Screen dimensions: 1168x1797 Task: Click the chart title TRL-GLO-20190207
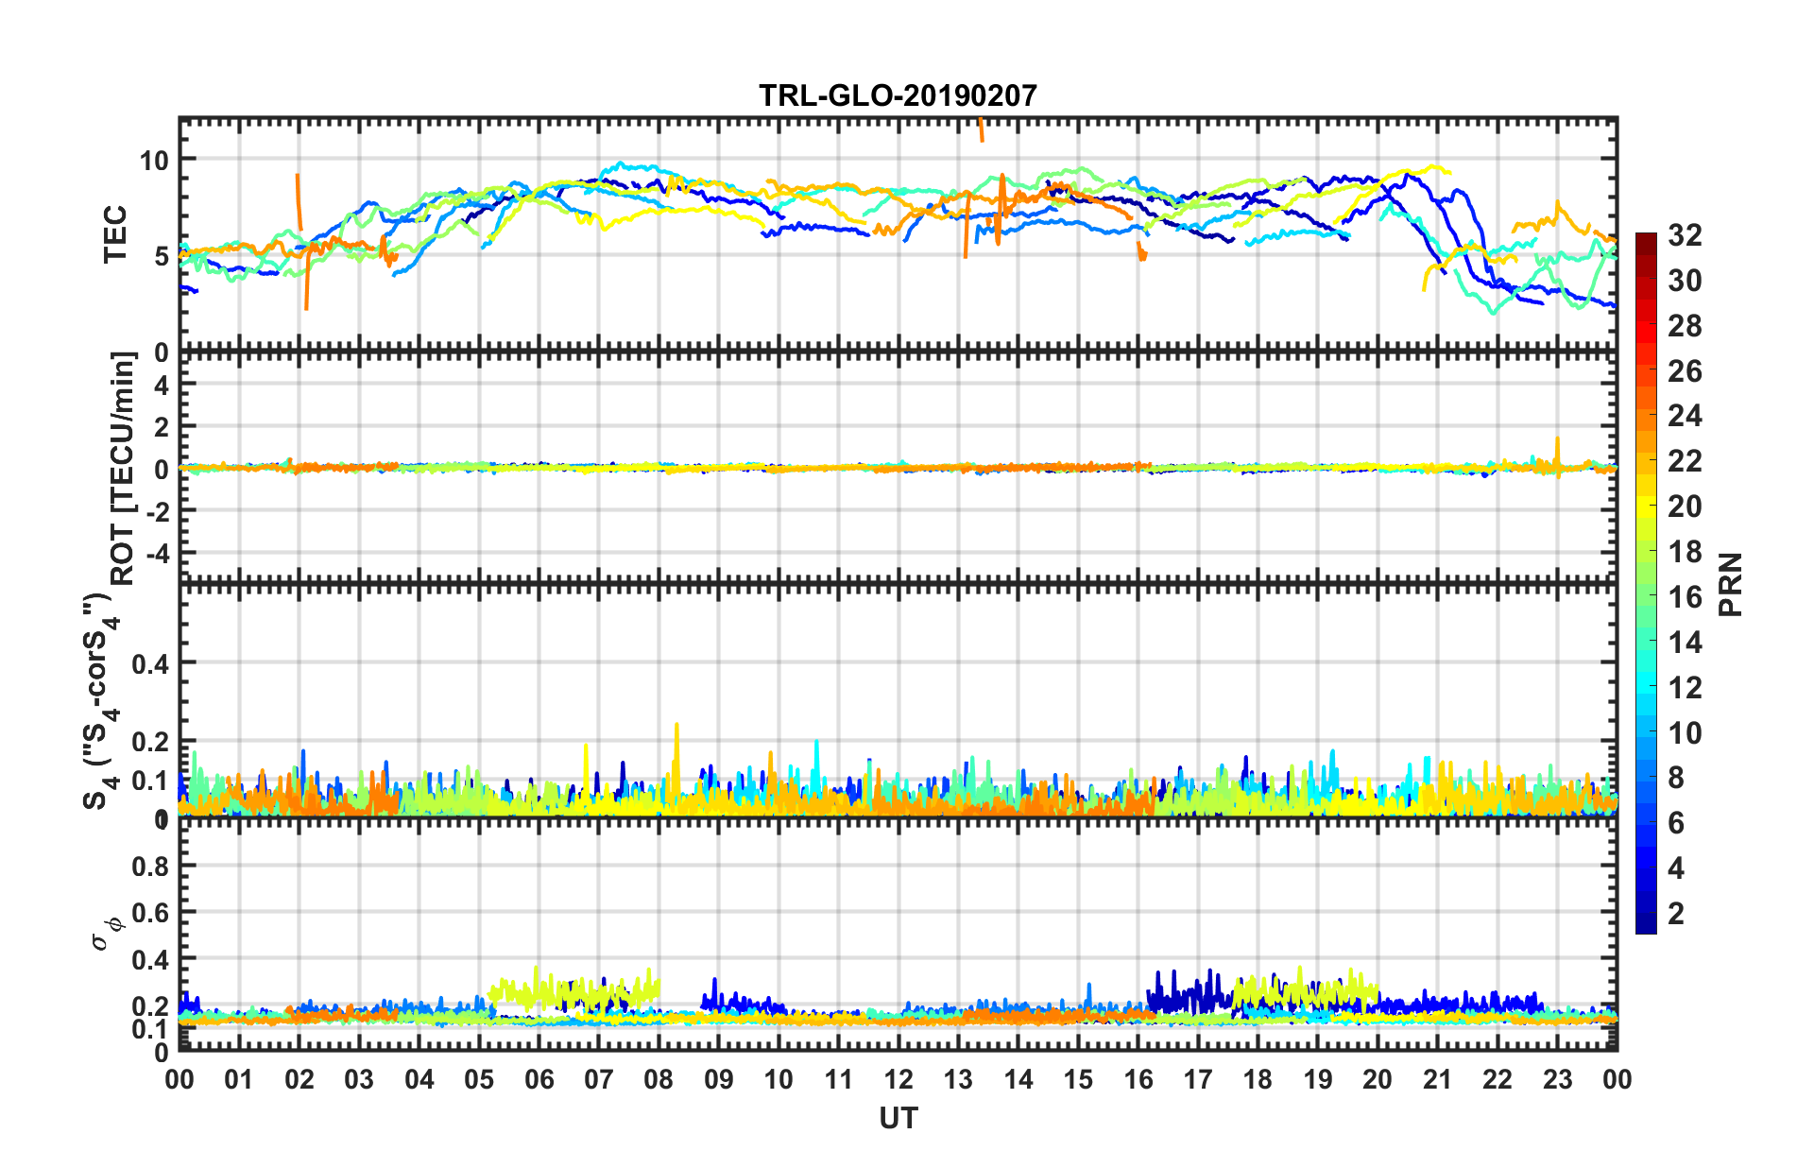pyautogui.click(x=898, y=95)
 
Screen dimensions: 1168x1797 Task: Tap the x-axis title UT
pyautogui.click(x=898, y=1119)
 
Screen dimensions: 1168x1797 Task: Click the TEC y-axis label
pyautogui.click(x=115, y=235)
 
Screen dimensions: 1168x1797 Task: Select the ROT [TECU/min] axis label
pyautogui.click(x=123, y=468)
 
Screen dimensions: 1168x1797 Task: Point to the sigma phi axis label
pyautogui.click(x=106, y=932)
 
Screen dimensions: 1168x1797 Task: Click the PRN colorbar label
pyautogui.click(x=1731, y=584)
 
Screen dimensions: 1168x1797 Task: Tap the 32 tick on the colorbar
pyautogui.click(x=1685, y=235)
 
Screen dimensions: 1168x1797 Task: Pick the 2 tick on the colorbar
pyautogui.click(x=1677, y=913)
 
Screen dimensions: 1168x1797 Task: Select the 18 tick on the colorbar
pyautogui.click(x=1685, y=552)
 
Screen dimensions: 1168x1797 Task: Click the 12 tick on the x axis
pyautogui.click(x=898, y=1079)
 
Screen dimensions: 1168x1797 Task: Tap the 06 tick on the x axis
pyautogui.click(x=539, y=1079)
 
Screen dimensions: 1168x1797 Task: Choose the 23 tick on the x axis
pyautogui.click(x=1557, y=1079)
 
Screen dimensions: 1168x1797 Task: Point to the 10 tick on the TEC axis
pyautogui.click(x=155, y=160)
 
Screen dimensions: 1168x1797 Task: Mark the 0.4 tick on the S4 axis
pyautogui.click(x=151, y=663)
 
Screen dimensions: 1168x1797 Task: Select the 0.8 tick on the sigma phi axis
pyautogui.click(x=151, y=866)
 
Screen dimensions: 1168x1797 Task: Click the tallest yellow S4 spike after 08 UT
pyautogui.click(x=676, y=726)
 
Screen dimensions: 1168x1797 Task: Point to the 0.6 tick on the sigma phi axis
pyautogui.click(x=151, y=913)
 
